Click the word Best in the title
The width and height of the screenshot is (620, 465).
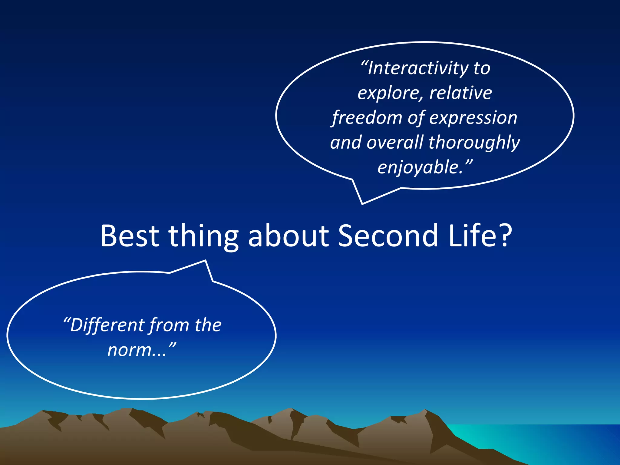(x=130, y=236)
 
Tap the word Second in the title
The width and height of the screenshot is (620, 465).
(x=388, y=236)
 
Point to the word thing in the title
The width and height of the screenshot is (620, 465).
(x=203, y=238)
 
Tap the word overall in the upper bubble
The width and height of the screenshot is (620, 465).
(x=395, y=142)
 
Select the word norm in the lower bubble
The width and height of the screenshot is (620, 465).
(x=130, y=350)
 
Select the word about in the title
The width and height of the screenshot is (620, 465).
(x=288, y=236)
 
